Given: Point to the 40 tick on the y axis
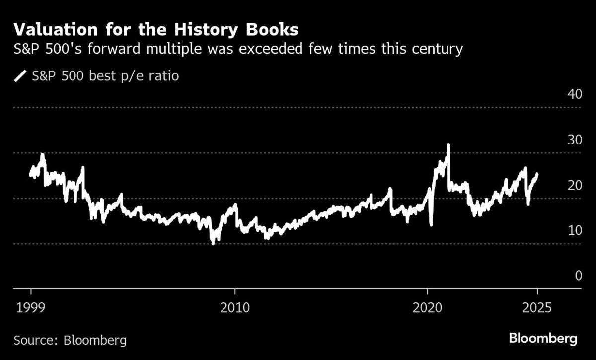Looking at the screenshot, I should tap(575, 94).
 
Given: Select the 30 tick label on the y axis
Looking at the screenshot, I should tap(575, 140).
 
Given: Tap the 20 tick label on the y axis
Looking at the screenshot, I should tap(575, 185).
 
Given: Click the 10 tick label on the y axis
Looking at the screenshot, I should tap(575, 230).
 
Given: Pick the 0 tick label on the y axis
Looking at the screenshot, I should tap(578, 276).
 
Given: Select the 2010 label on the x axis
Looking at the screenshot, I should tap(235, 307).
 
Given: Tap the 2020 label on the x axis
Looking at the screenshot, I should tap(427, 307).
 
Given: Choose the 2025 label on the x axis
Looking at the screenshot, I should tap(537, 307).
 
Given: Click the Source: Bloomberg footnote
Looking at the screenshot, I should tap(70, 341).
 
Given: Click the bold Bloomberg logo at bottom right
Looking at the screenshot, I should tap(543, 340).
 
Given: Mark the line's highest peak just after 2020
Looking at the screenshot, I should tap(448, 145).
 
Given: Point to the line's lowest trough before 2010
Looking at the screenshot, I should tap(213, 243).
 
